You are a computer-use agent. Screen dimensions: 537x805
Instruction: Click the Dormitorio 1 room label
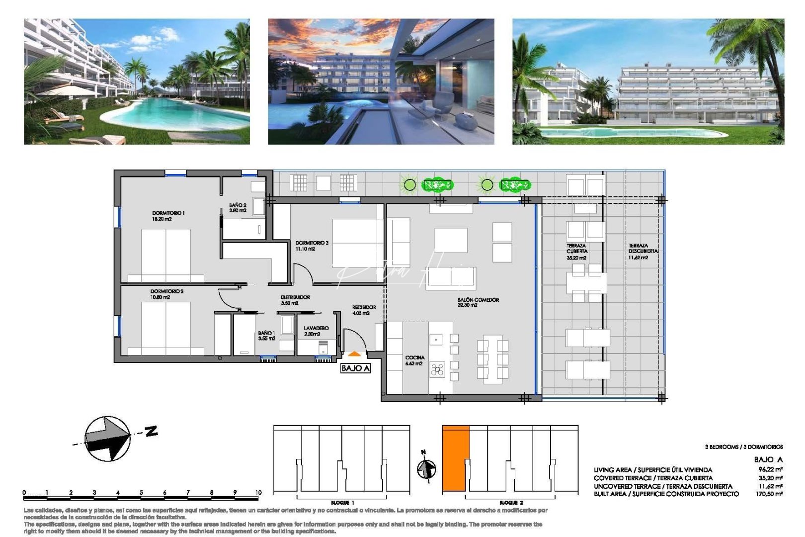pos(168,216)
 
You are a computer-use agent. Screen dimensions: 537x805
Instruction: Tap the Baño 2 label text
pos(238,208)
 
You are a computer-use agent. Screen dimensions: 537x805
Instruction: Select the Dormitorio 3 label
pos(312,246)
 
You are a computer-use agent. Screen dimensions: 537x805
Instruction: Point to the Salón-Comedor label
pos(478,302)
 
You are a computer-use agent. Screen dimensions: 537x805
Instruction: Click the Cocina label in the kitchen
pos(414,360)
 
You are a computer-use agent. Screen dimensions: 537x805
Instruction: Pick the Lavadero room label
pos(316,331)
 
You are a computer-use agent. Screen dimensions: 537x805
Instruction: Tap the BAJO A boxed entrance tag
pos(355,368)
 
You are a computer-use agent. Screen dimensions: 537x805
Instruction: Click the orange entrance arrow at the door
pos(354,355)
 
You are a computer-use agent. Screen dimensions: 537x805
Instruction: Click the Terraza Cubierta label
pos(576,252)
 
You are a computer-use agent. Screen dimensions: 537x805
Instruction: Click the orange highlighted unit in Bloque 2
pos(455,460)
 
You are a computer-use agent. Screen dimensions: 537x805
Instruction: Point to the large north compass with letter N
pos(109,438)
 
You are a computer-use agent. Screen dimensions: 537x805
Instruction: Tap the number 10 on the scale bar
pos(258,493)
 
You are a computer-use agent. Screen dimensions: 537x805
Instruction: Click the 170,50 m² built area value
pos(770,494)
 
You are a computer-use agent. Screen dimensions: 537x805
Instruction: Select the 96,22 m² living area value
pos(770,469)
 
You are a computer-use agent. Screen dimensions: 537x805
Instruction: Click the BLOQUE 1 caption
pos(342,503)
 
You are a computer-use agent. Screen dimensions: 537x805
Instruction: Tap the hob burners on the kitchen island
pos(437,369)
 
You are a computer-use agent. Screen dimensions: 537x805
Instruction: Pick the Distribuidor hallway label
pos(295,300)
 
